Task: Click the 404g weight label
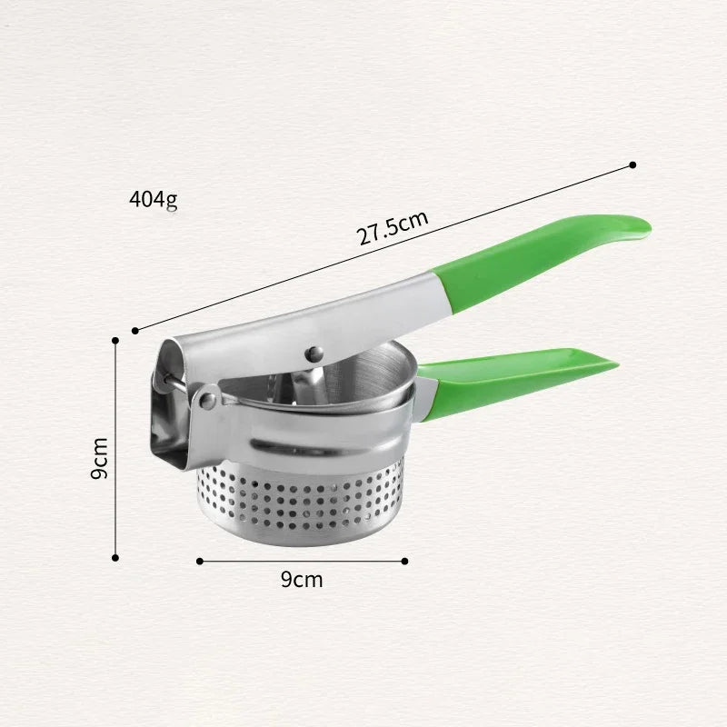coord(153,200)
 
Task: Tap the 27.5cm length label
coord(393,228)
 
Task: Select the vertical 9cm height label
coord(99,458)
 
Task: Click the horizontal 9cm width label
coord(302,580)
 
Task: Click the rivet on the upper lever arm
coord(314,354)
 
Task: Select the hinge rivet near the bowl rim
coord(208,399)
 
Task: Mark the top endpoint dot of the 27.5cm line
coord(632,165)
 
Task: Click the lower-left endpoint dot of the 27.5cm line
coord(134,331)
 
